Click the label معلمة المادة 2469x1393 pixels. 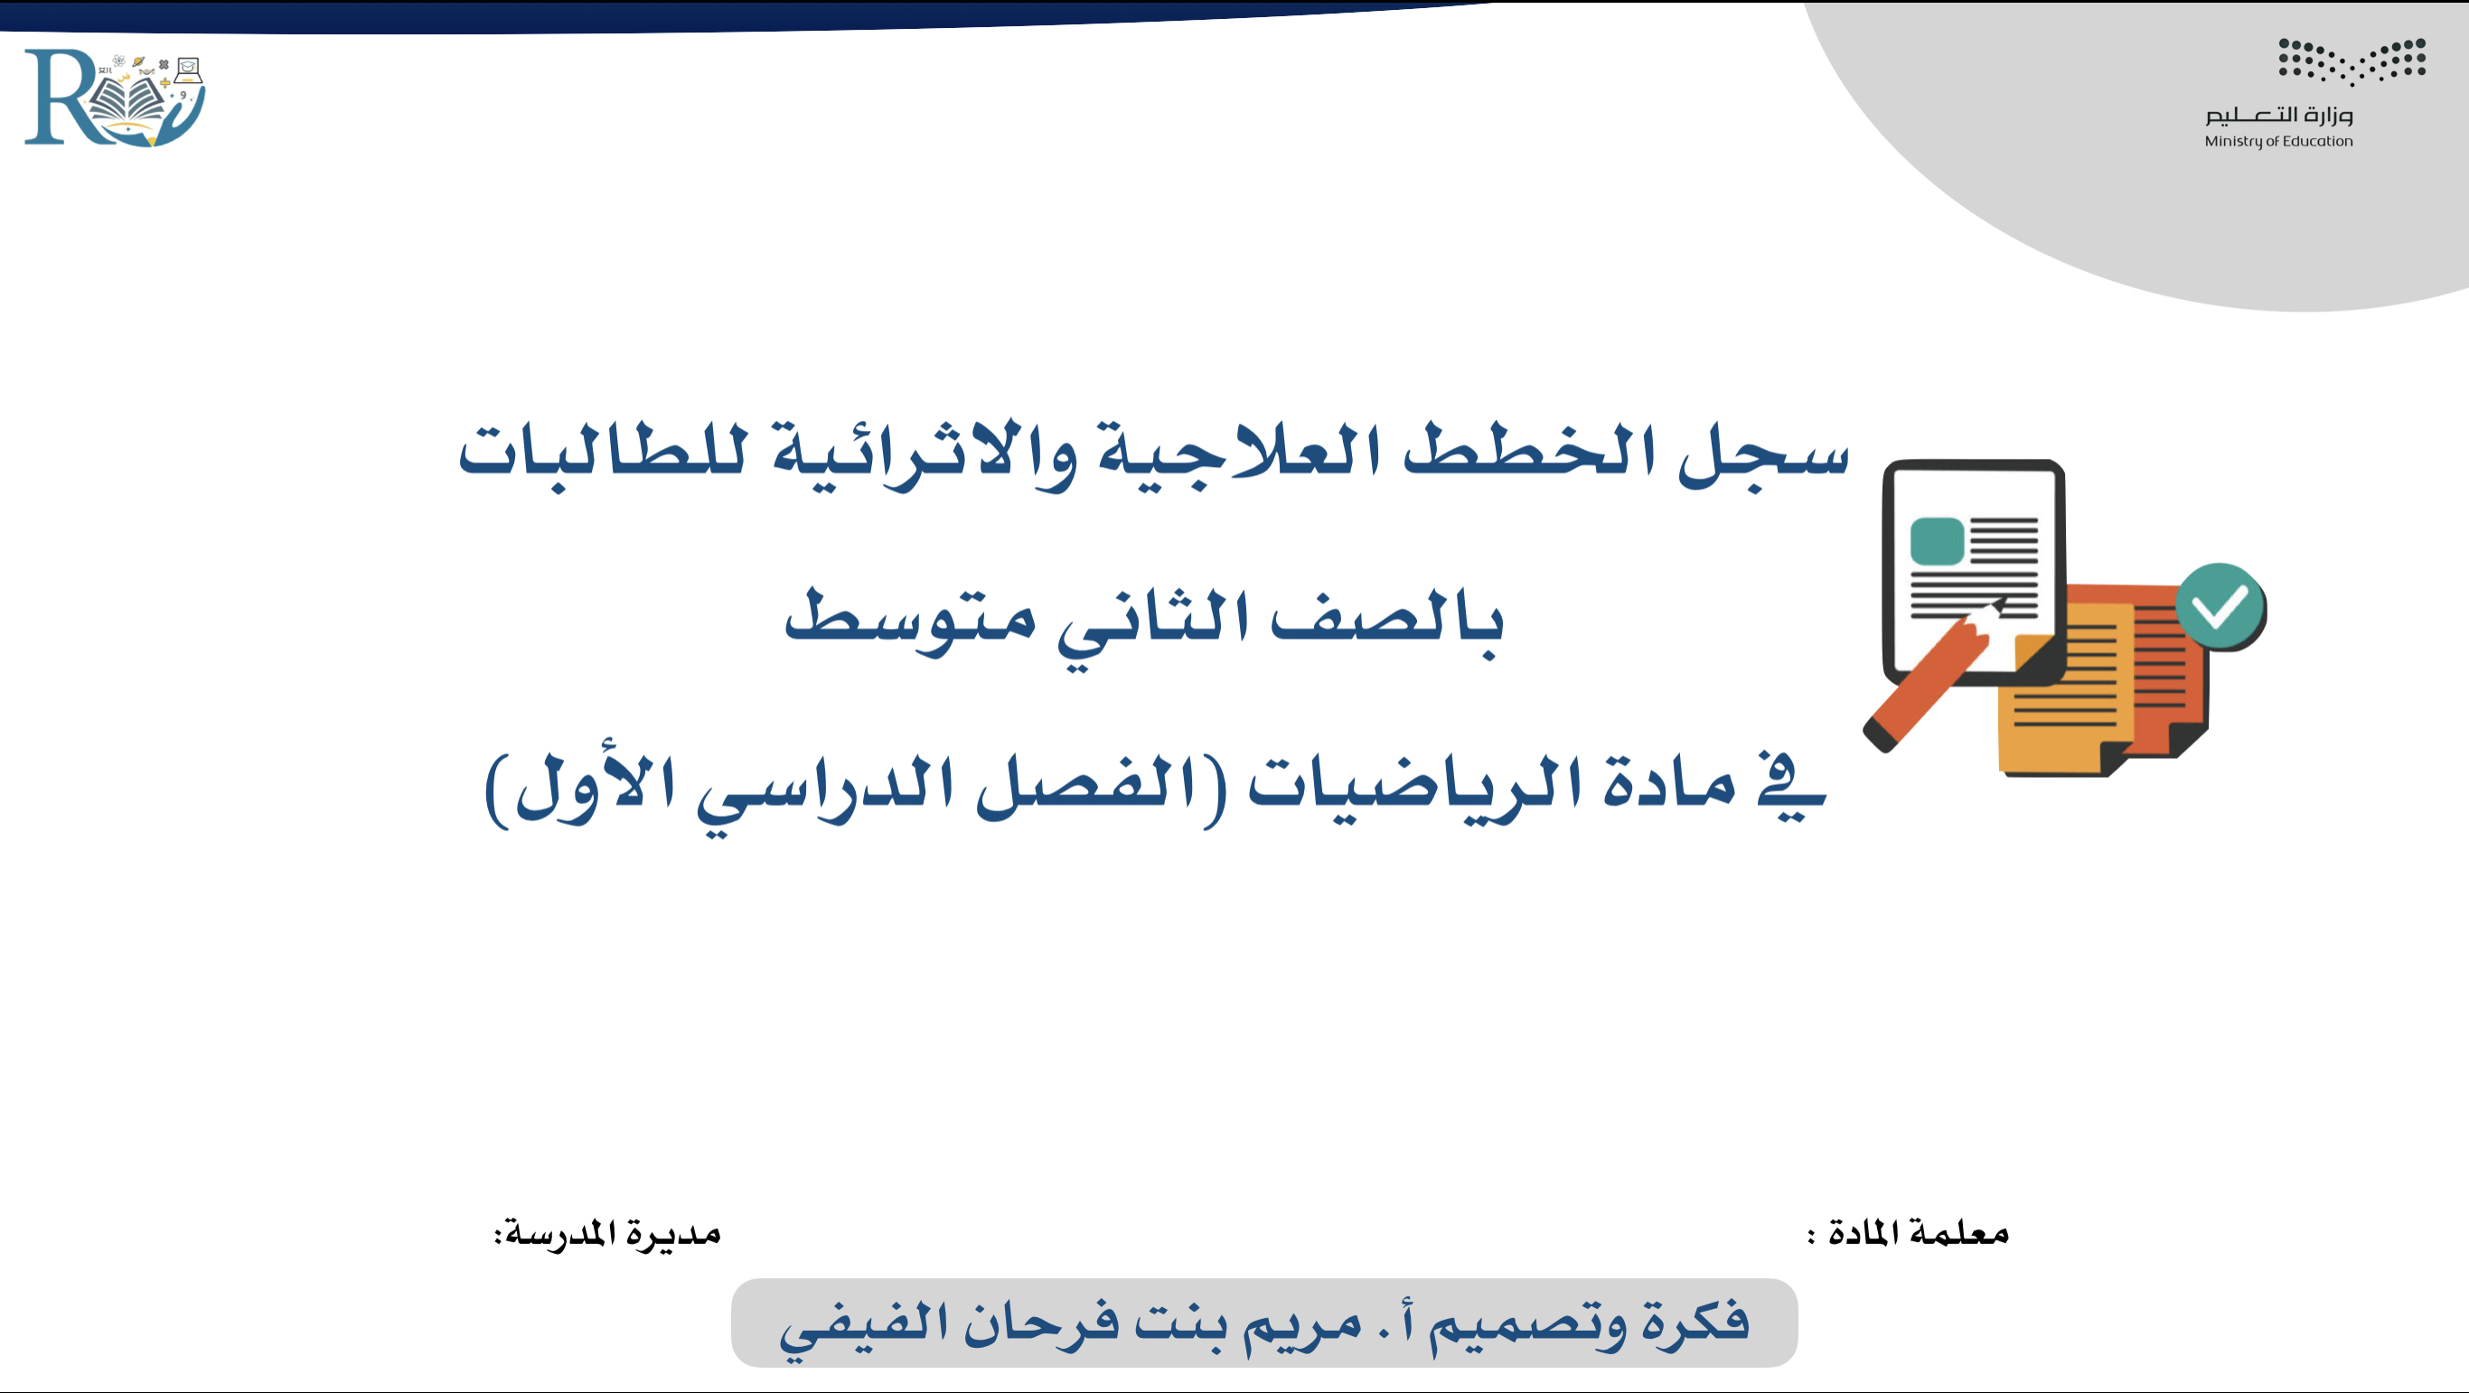pyautogui.click(x=1908, y=1232)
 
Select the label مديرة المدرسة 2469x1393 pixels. pyautogui.click(x=607, y=1232)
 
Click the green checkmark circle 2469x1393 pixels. pyautogui.click(x=2220, y=606)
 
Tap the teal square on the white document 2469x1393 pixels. pyautogui.click(x=1937, y=541)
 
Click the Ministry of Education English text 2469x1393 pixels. pyautogui.click(x=2278, y=142)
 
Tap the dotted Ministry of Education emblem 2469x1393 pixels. pyautogui.click(x=2352, y=61)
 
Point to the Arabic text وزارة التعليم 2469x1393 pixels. pyautogui.click(x=2278, y=115)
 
